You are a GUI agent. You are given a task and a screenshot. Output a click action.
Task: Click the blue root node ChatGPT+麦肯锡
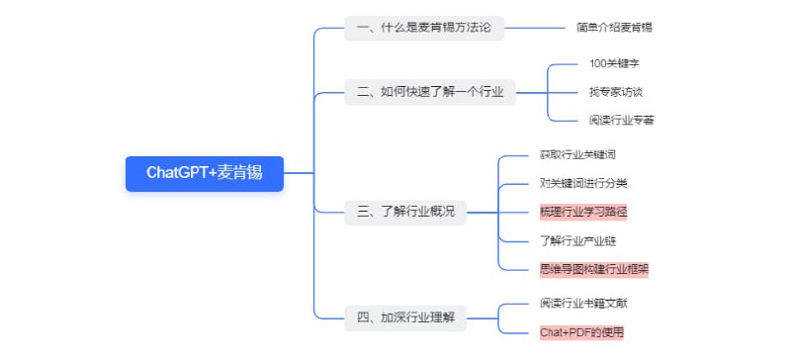(205, 173)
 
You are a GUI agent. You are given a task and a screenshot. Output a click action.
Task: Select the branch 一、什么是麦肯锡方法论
(424, 28)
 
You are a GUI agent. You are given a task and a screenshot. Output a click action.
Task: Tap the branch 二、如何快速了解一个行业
(430, 93)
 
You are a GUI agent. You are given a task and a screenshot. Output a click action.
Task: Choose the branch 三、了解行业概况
(405, 211)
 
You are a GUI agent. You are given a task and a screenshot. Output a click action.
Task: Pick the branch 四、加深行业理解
(405, 317)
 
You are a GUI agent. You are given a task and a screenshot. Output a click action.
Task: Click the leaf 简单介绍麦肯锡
(613, 28)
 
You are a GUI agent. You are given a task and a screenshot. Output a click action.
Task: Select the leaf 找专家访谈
(615, 92)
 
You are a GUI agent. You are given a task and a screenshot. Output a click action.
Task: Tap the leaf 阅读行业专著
(620, 121)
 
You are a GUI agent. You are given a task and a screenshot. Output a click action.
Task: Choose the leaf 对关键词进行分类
(583, 183)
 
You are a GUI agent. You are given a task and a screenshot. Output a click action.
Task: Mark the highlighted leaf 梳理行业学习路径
(583, 211)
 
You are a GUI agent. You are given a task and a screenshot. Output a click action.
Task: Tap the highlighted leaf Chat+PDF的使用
(581, 332)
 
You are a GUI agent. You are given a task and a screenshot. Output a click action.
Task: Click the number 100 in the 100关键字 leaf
(597, 63)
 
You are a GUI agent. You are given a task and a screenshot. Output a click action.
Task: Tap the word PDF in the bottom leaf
(584, 332)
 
